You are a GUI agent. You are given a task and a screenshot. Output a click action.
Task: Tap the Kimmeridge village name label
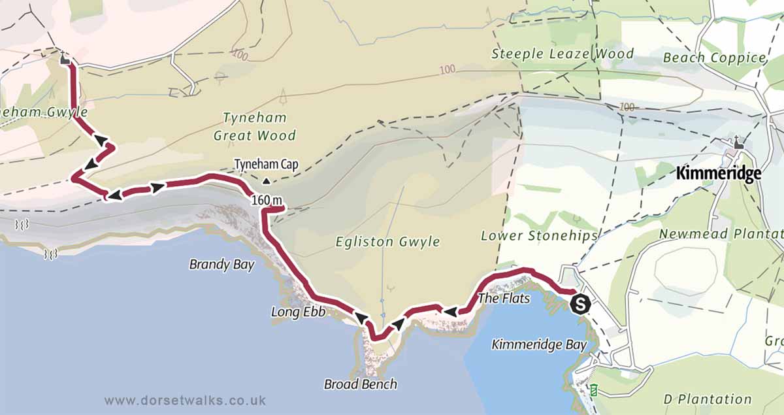pyautogui.click(x=719, y=174)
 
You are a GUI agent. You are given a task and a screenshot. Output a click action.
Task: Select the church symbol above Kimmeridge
pyautogui.click(x=738, y=142)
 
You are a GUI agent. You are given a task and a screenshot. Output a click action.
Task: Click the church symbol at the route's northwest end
pyautogui.click(x=64, y=58)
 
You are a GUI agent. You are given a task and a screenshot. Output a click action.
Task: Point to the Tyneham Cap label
pyautogui.click(x=266, y=165)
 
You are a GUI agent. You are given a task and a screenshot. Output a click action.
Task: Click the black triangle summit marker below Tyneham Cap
pyautogui.click(x=266, y=181)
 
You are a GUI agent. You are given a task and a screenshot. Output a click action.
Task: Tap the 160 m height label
pyautogui.click(x=265, y=200)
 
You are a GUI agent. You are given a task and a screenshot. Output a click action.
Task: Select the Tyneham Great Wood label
pyautogui.click(x=254, y=127)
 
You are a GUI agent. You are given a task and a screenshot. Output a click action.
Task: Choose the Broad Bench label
pyautogui.click(x=360, y=384)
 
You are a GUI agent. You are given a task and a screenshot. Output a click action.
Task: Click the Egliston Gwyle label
pyautogui.click(x=387, y=242)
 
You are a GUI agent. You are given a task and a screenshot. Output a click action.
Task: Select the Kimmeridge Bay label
pyautogui.click(x=538, y=344)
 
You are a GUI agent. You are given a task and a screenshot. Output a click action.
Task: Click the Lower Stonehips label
pyautogui.click(x=539, y=235)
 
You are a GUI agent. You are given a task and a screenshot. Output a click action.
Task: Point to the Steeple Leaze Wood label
pyautogui.click(x=563, y=54)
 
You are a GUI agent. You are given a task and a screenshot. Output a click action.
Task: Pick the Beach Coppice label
pyautogui.click(x=713, y=58)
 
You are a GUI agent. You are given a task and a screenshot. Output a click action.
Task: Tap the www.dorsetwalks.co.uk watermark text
pyautogui.click(x=184, y=400)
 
